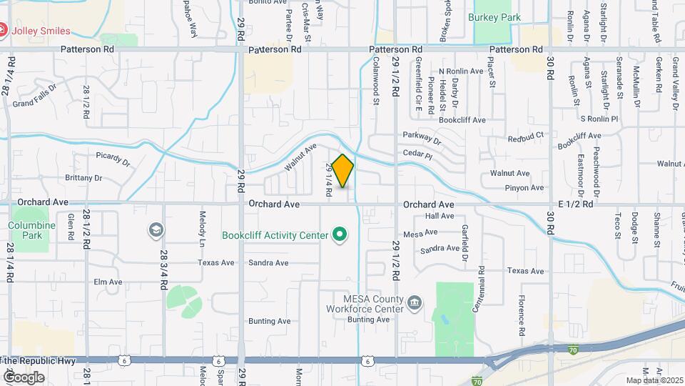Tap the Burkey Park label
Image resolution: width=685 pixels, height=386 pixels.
(494, 17)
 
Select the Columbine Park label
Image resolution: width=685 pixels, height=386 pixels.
(31, 230)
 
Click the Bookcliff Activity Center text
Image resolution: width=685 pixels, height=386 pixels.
(275, 234)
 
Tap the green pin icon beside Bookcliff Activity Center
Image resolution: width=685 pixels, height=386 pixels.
(340, 234)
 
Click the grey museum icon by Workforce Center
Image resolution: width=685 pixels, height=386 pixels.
(414, 305)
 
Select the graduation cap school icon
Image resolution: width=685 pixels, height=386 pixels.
(155, 229)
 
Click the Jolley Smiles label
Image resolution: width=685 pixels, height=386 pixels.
(44, 31)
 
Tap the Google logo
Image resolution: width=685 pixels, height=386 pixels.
(23, 377)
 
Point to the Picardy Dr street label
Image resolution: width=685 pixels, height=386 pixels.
(114, 158)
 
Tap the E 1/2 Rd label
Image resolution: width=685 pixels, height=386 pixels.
(576, 204)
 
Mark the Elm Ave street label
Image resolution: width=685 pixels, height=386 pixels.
(108, 282)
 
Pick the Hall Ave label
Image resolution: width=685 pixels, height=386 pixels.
(440, 216)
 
